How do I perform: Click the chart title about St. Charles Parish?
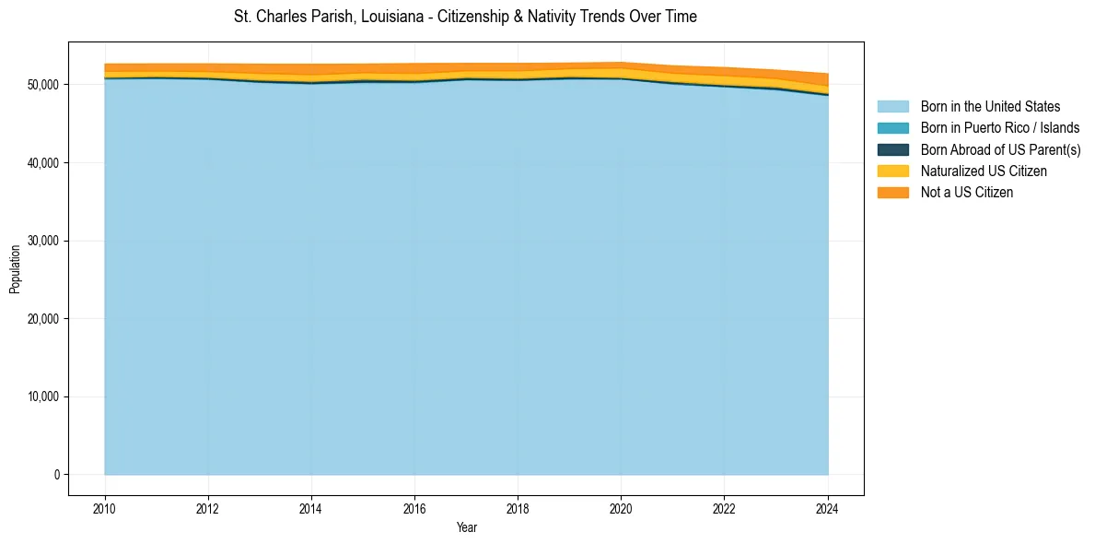[x=465, y=17]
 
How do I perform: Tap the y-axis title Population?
[x=15, y=268]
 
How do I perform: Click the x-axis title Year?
[x=466, y=527]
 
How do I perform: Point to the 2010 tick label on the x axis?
[x=105, y=508]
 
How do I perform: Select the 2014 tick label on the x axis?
[x=311, y=508]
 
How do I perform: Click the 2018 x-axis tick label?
[x=518, y=508]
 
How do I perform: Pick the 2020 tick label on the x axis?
[x=621, y=508]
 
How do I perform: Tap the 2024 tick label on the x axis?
[x=828, y=508]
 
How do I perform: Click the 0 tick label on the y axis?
[x=55, y=475]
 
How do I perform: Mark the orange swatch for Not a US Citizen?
[x=892, y=193]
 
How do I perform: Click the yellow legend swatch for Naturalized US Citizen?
[x=892, y=171]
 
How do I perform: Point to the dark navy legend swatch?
[x=892, y=149]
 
